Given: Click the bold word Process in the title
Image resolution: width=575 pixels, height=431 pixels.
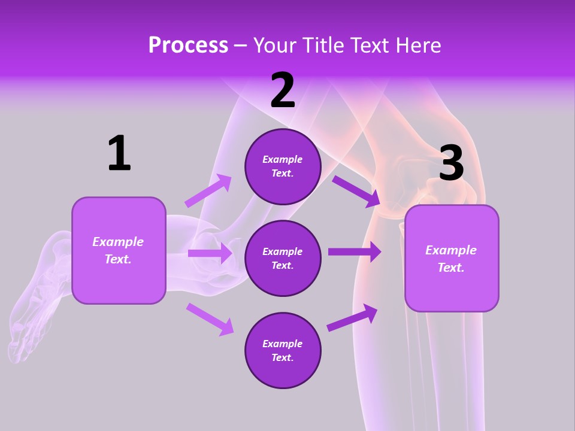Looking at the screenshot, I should [188, 45].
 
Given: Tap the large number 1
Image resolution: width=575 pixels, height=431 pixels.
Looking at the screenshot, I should [119, 153].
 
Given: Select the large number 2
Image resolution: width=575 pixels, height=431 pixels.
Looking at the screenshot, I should [283, 90].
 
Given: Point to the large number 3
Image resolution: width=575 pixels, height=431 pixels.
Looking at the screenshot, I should [451, 163].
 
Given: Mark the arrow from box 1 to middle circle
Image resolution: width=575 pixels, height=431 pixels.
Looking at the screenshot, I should [210, 253].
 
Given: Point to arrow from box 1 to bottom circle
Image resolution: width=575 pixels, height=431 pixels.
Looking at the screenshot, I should [210, 318].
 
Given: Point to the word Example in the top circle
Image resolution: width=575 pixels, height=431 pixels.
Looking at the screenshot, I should [282, 159].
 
